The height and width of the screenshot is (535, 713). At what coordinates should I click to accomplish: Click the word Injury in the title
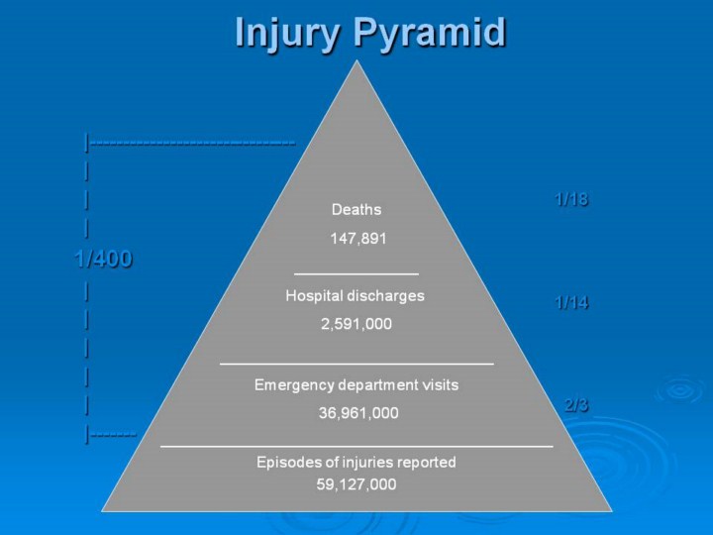(287, 34)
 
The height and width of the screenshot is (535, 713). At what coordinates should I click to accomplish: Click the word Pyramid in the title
(430, 34)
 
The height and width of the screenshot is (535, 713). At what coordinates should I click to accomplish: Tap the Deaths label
(356, 210)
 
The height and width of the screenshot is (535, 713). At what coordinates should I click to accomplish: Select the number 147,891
(358, 239)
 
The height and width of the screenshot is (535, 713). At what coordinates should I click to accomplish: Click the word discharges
(384, 296)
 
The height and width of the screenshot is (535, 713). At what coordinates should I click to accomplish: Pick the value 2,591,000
(356, 324)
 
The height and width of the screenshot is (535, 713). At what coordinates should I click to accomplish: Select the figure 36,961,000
(358, 413)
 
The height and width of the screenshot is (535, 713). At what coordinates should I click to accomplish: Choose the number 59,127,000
(356, 484)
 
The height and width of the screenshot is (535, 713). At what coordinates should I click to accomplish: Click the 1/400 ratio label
(104, 259)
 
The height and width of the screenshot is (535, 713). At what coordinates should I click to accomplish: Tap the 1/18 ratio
(571, 199)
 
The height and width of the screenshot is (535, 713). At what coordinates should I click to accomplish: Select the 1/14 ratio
(571, 302)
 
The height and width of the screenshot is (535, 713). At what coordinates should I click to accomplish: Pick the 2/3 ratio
(576, 405)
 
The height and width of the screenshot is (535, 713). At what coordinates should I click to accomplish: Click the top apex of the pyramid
(356, 60)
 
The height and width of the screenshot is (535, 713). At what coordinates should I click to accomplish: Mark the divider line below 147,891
(356, 274)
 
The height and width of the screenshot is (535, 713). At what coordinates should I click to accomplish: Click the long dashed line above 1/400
(193, 144)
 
